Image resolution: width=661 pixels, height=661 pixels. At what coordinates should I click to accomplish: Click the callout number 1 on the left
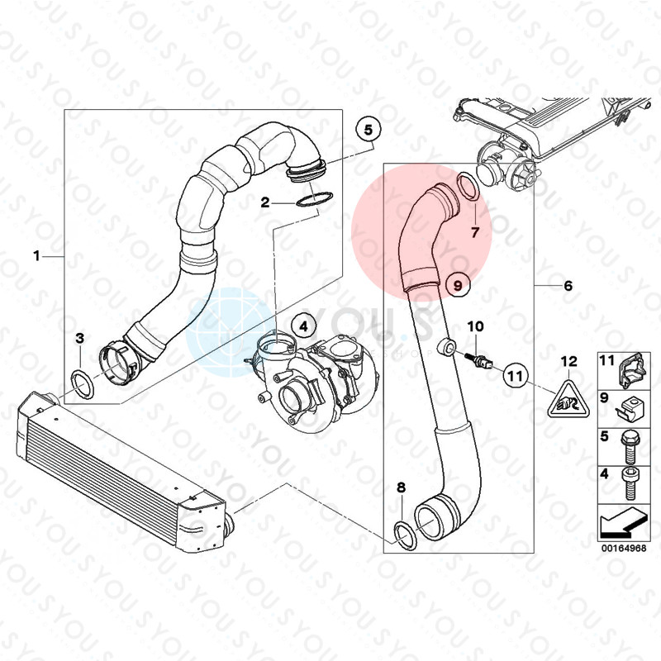(x=36, y=257)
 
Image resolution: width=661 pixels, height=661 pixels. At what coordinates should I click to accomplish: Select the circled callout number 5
(x=369, y=130)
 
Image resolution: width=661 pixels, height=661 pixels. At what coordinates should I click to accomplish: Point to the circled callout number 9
(x=455, y=284)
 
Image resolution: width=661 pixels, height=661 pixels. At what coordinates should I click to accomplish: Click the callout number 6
(x=568, y=286)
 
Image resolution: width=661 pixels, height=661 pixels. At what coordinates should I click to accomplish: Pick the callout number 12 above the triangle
(x=568, y=361)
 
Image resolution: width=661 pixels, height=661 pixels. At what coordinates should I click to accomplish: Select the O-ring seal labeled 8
(x=402, y=534)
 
